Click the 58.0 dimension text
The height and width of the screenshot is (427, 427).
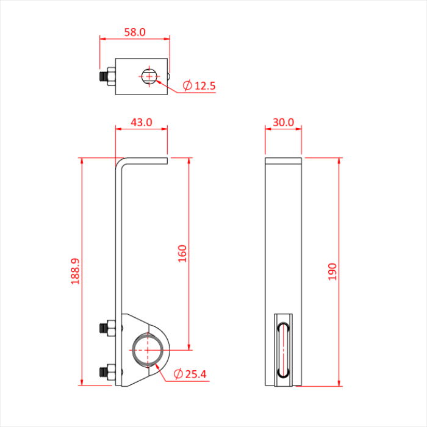point(135,32)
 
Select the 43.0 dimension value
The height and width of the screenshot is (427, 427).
point(141,122)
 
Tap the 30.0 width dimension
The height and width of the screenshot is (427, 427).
point(283,122)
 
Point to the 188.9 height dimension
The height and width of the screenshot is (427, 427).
point(76,271)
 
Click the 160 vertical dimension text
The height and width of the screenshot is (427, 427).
point(182,253)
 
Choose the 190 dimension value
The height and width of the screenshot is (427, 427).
point(332,271)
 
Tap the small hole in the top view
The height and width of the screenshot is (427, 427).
point(149,77)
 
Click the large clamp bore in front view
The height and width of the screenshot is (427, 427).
point(148,350)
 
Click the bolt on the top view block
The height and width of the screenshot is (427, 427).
point(108,77)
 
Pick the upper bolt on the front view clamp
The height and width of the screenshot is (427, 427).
point(108,328)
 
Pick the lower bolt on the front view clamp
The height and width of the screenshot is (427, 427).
point(108,370)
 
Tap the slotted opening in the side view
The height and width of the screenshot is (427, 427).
point(283,350)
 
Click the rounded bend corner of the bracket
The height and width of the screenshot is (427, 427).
point(120,162)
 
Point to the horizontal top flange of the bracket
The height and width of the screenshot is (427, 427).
point(146,160)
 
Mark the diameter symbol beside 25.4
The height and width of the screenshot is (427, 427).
point(178,373)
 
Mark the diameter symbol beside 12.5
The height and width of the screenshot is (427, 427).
point(187,86)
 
